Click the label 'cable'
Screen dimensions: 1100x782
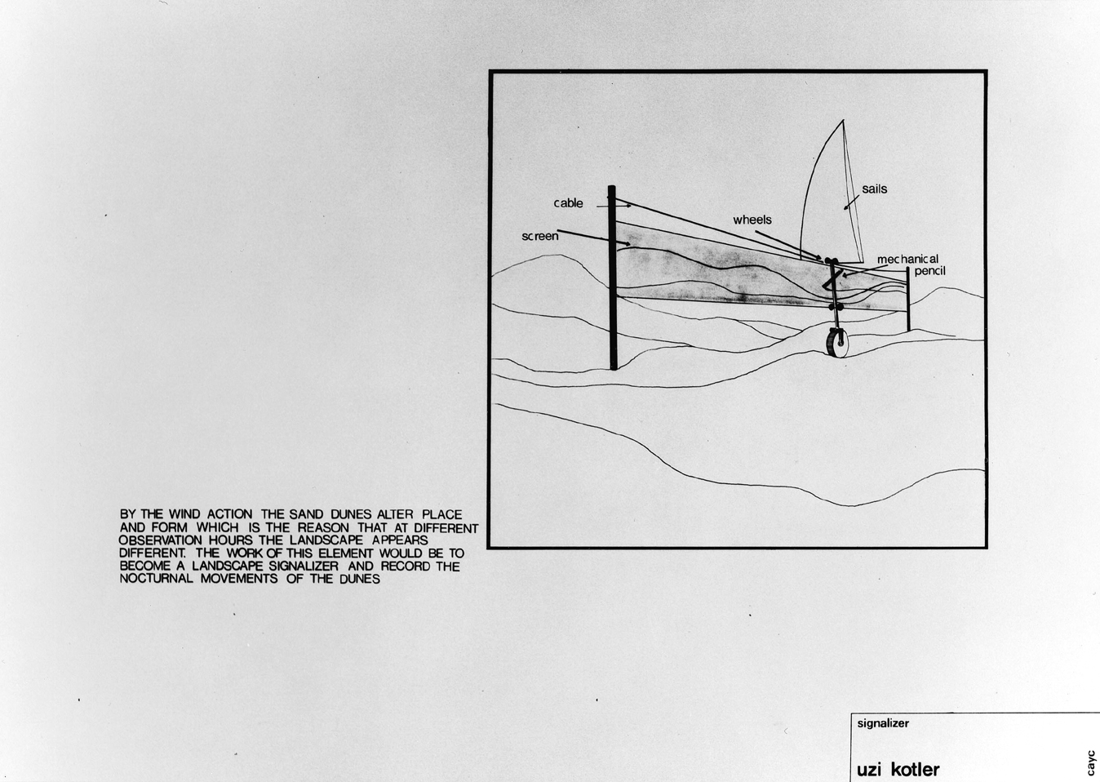pos(568,203)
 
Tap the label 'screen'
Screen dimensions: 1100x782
pos(539,236)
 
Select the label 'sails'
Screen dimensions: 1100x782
pos(875,189)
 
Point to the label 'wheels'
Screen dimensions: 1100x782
pos(752,220)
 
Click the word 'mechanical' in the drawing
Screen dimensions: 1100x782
pos(907,259)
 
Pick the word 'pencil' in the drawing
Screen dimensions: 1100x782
pos(929,271)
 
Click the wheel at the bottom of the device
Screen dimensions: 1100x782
pos(836,342)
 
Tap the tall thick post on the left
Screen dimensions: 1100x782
pos(612,278)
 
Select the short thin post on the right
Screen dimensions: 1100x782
pos(908,299)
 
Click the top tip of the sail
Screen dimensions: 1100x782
pos(843,120)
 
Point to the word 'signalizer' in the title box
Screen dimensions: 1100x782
pos(883,723)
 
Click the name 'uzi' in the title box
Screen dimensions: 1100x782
pos(870,769)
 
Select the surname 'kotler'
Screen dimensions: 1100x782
pos(916,769)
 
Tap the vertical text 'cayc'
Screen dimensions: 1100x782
pos(1091,762)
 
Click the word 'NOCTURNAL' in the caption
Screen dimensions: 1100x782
pos(157,579)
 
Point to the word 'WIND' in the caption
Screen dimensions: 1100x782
pos(184,515)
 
